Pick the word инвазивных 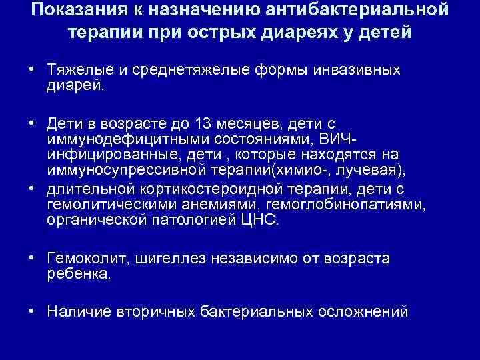349,70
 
